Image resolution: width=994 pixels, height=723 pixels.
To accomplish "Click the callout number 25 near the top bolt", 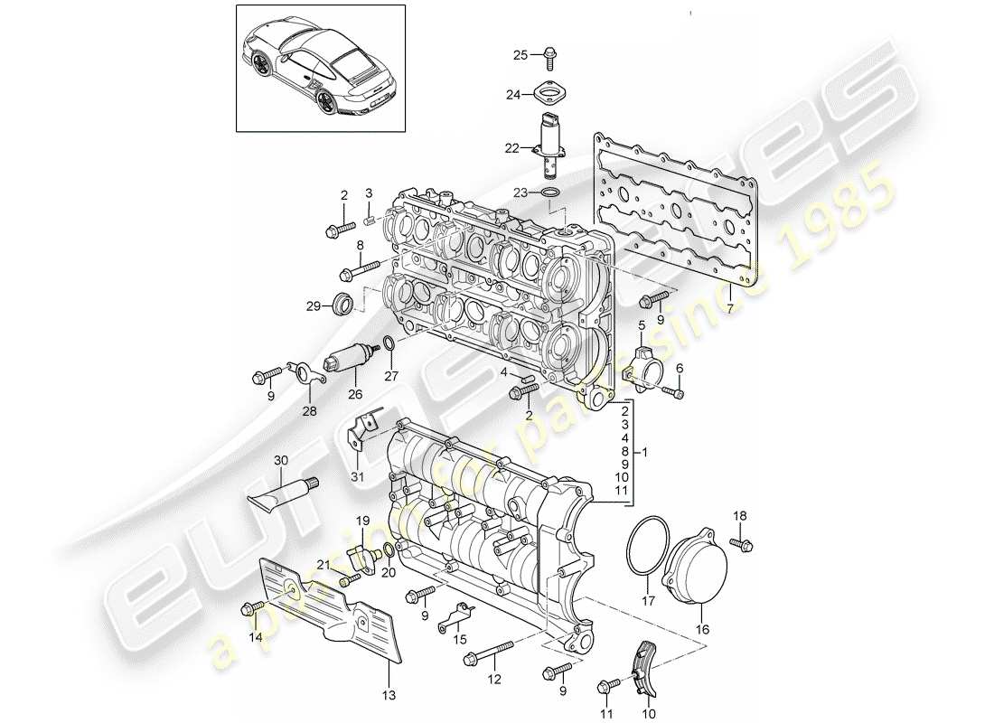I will [520, 55].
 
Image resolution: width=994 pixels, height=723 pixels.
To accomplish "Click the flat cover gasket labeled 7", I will [673, 208].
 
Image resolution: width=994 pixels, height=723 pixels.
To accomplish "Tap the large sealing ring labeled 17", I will [646, 547].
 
